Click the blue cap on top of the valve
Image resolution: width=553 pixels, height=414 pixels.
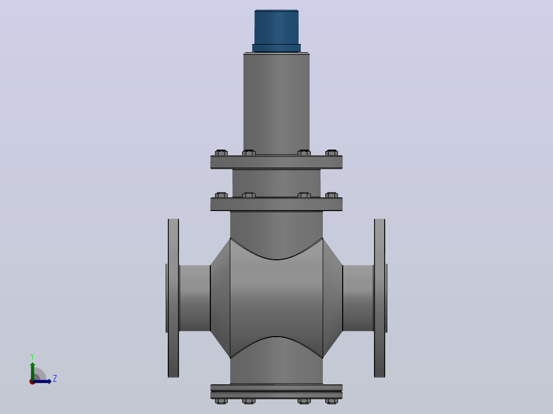pyautogui.click(x=276, y=27)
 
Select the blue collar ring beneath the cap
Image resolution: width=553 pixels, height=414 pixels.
pyautogui.click(x=276, y=48)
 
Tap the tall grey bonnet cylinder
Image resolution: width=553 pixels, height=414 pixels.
pyautogui.click(x=276, y=103)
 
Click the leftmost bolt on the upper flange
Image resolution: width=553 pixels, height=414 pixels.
pyautogui.click(x=221, y=153)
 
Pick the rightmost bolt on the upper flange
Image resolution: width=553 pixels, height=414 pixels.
pyautogui.click(x=331, y=153)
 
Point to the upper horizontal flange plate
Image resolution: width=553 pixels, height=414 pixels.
pyautogui.click(x=276, y=162)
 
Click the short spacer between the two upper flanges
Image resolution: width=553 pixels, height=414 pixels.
pyautogui.click(x=276, y=183)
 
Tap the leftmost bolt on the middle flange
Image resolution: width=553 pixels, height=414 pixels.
pyautogui.click(x=221, y=195)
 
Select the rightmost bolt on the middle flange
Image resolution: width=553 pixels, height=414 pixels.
pyautogui.click(x=331, y=195)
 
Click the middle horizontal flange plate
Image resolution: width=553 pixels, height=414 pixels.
pyautogui.click(x=276, y=204)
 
